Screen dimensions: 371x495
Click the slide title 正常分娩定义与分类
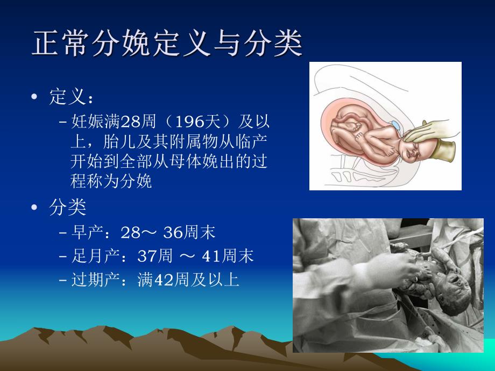[167, 45]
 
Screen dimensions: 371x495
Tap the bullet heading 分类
[67, 207]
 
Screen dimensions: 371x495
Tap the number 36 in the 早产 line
[173, 232]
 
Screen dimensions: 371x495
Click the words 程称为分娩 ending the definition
[111, 181]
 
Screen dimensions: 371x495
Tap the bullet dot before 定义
[36, 98]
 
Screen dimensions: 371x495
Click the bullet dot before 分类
[36, 207]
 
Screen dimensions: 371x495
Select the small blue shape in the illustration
[397, 126]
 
